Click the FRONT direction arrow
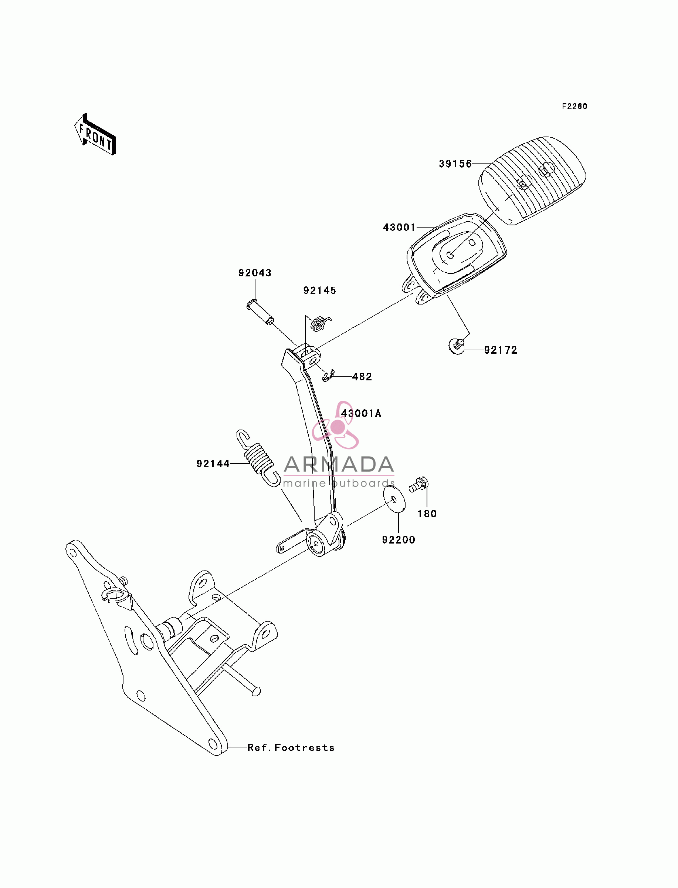pos(95,134)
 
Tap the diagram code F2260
pos(575,107)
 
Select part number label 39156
pos(455,164)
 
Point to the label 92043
pos(255,273)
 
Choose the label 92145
pos(320,291)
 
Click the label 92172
pos(501,350)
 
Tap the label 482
pos(362,377)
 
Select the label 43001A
pos(361,414)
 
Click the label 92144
pos(213,464)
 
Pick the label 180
pos(427,514)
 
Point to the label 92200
pos(399,540)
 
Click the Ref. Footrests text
pos(291,748)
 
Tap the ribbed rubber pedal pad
pos(532,181)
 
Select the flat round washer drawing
pos(394,499)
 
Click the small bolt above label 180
pos(418,485)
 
